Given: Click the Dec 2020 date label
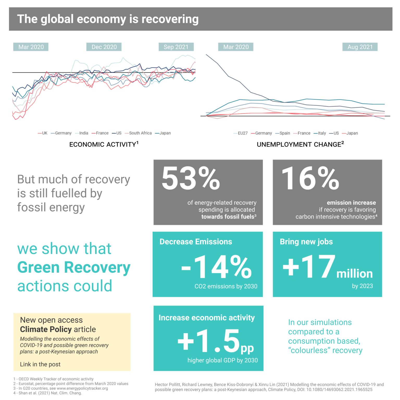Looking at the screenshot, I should (x=104, y=47).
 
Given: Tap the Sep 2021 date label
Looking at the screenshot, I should (x=176, y=47).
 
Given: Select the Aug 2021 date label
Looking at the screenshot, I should (x=360, y=47).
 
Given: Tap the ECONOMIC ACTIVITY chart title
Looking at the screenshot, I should (x=104, y=144).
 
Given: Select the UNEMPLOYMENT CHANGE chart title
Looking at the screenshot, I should (x=300, y=144).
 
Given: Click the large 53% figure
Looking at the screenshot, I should (x=191, y=179).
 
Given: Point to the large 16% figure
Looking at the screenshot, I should (x=310, y=179).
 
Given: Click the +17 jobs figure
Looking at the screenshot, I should (x=309, y=267).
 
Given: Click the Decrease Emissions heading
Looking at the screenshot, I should (x=196, y=242).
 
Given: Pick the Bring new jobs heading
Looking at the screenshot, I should (x=306, y=242).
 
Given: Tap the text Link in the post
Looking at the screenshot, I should (x=40, y=364).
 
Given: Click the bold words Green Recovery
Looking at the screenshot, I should (x=74, y=267).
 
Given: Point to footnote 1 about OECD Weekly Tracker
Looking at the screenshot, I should (x=53, y=379).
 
